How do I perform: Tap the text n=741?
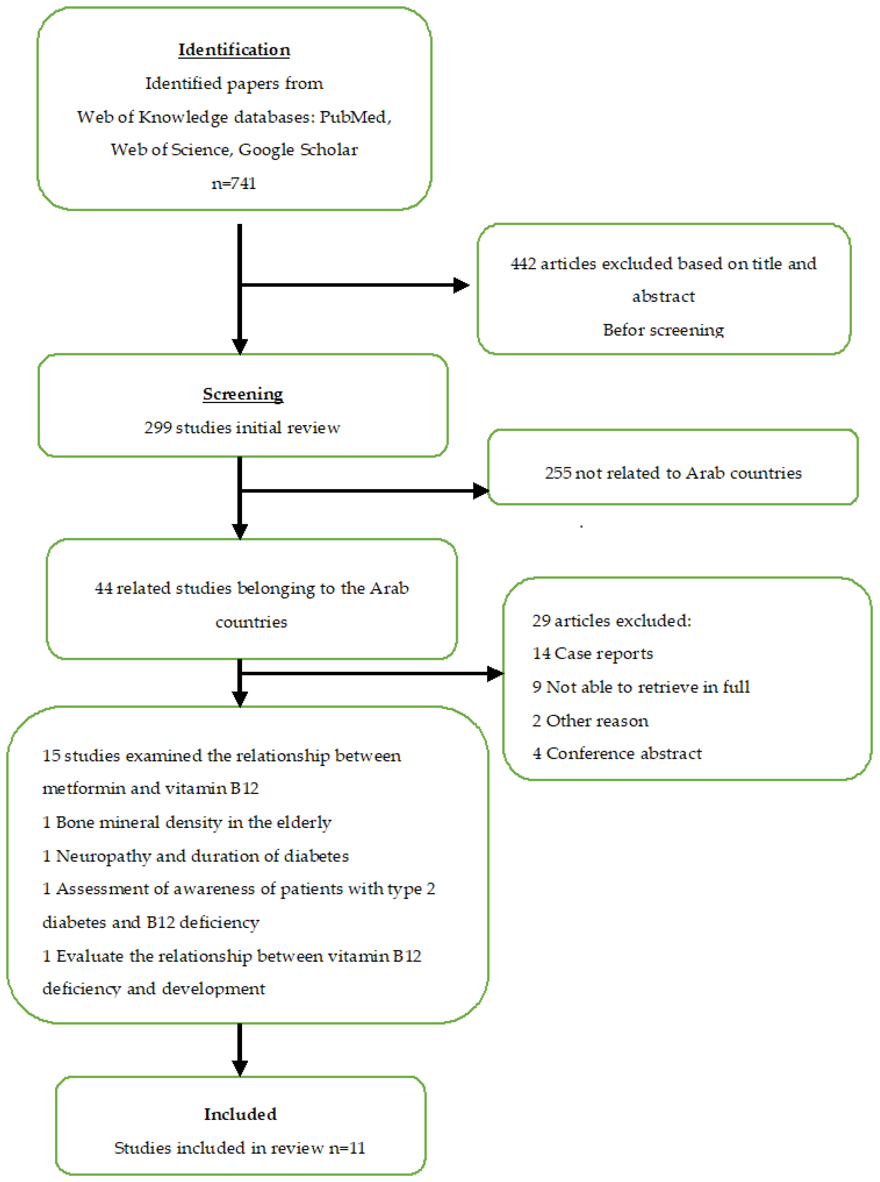tap(234, 183)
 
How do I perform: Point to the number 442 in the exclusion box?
tap(523, 264)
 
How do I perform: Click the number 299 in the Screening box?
tap(158, 428)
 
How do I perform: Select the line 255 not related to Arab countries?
tap(673, 473)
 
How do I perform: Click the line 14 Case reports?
tap(592, 654)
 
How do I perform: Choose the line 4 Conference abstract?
tap(617, 753)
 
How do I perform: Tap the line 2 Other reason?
tap(590, 721)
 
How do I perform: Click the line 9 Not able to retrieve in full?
tap(641, 687)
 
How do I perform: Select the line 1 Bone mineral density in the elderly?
tap(186, 822)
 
